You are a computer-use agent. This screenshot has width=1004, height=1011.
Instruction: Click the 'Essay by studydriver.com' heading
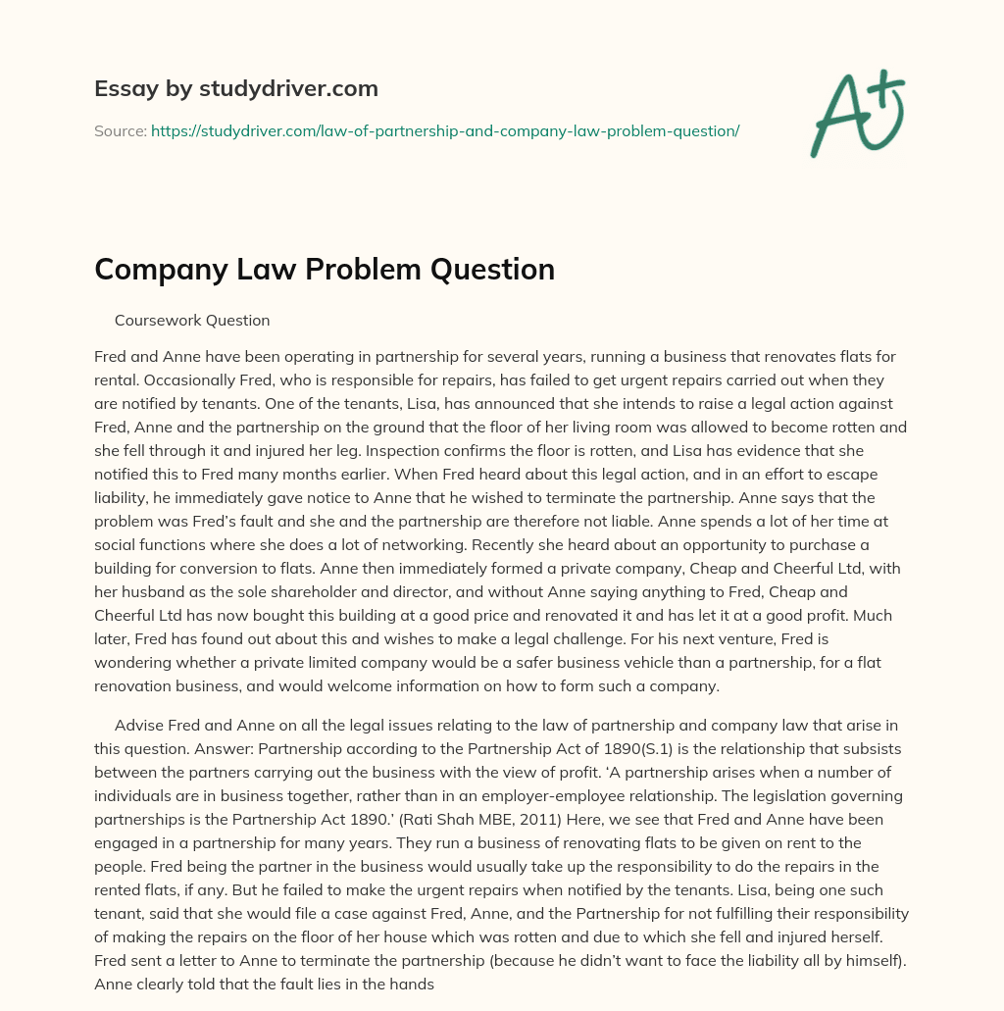pos(235,89)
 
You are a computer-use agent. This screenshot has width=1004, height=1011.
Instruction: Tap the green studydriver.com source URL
pos(444,130)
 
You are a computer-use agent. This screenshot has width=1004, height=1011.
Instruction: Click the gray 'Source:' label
pos(120,130)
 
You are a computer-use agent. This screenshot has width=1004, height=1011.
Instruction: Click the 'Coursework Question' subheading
pos(192,320)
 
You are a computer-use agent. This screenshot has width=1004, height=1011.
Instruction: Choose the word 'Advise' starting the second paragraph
pos(139,725)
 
